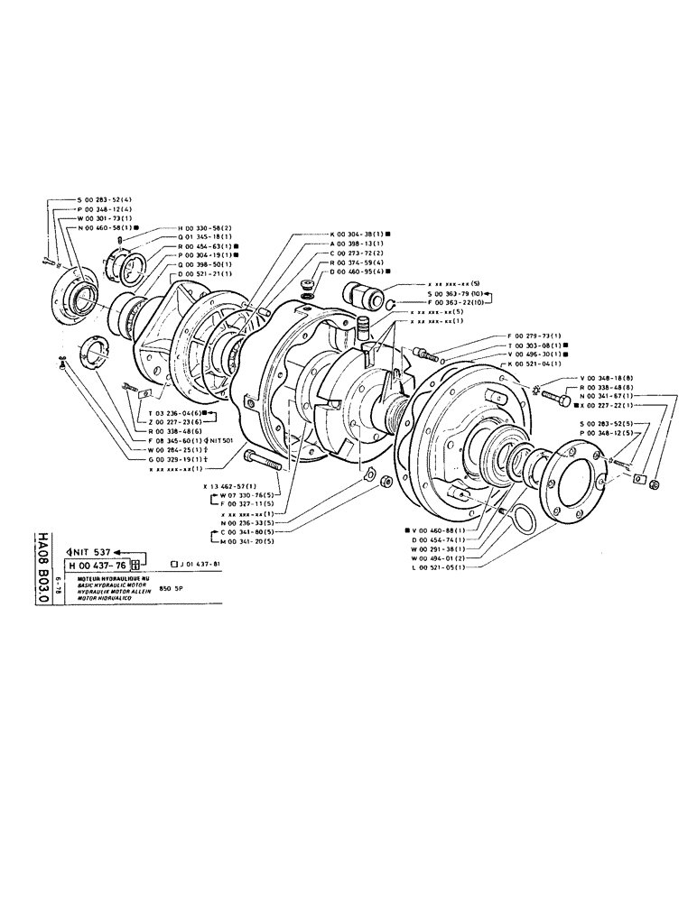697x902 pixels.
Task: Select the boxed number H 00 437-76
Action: tap(97, 566)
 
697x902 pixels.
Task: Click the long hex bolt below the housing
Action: tap(263, 461)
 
